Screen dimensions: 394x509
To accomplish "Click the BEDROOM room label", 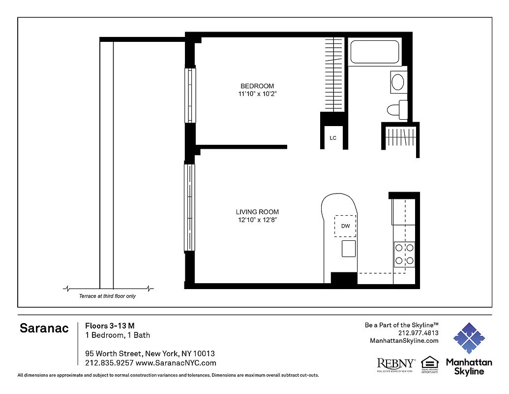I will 257,86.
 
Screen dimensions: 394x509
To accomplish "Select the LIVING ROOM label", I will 257,212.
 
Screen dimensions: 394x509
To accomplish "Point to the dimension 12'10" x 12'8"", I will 257,220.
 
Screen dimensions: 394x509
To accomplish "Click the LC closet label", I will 333,138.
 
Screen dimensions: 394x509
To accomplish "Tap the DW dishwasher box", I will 346,226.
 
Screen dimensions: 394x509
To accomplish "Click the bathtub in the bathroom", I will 375,52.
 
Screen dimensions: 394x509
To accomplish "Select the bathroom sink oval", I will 398,81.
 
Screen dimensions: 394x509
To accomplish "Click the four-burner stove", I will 405,254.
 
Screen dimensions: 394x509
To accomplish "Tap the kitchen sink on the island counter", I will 349,248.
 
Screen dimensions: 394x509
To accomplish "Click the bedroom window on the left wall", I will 190,95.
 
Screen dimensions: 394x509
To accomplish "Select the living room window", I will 190,207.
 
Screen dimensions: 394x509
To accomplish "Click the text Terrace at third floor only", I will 107,296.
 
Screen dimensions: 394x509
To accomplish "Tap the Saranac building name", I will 44,328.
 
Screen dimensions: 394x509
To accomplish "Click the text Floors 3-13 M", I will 110,326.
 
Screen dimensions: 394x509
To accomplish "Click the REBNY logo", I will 395,364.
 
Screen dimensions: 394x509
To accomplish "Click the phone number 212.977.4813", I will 418,333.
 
